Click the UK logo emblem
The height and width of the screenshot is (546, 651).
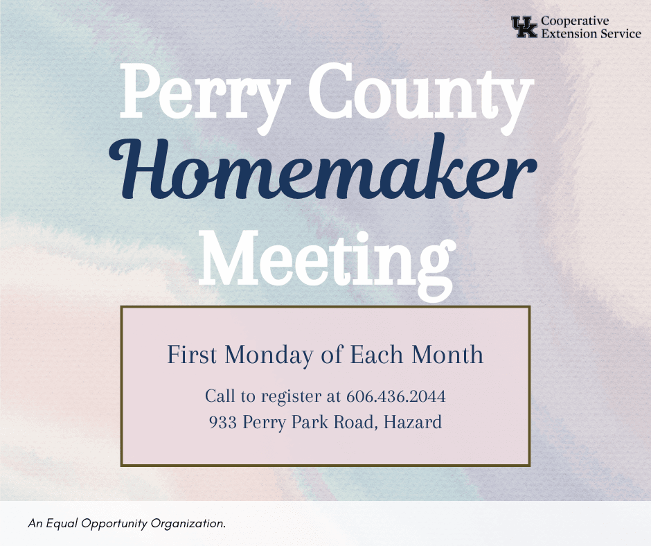tap(524, 28)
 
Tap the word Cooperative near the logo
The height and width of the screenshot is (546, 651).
tap(575, 21)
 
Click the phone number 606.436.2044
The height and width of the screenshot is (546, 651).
tap(395, 397)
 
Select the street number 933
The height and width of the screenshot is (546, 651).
tap(222, 421)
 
